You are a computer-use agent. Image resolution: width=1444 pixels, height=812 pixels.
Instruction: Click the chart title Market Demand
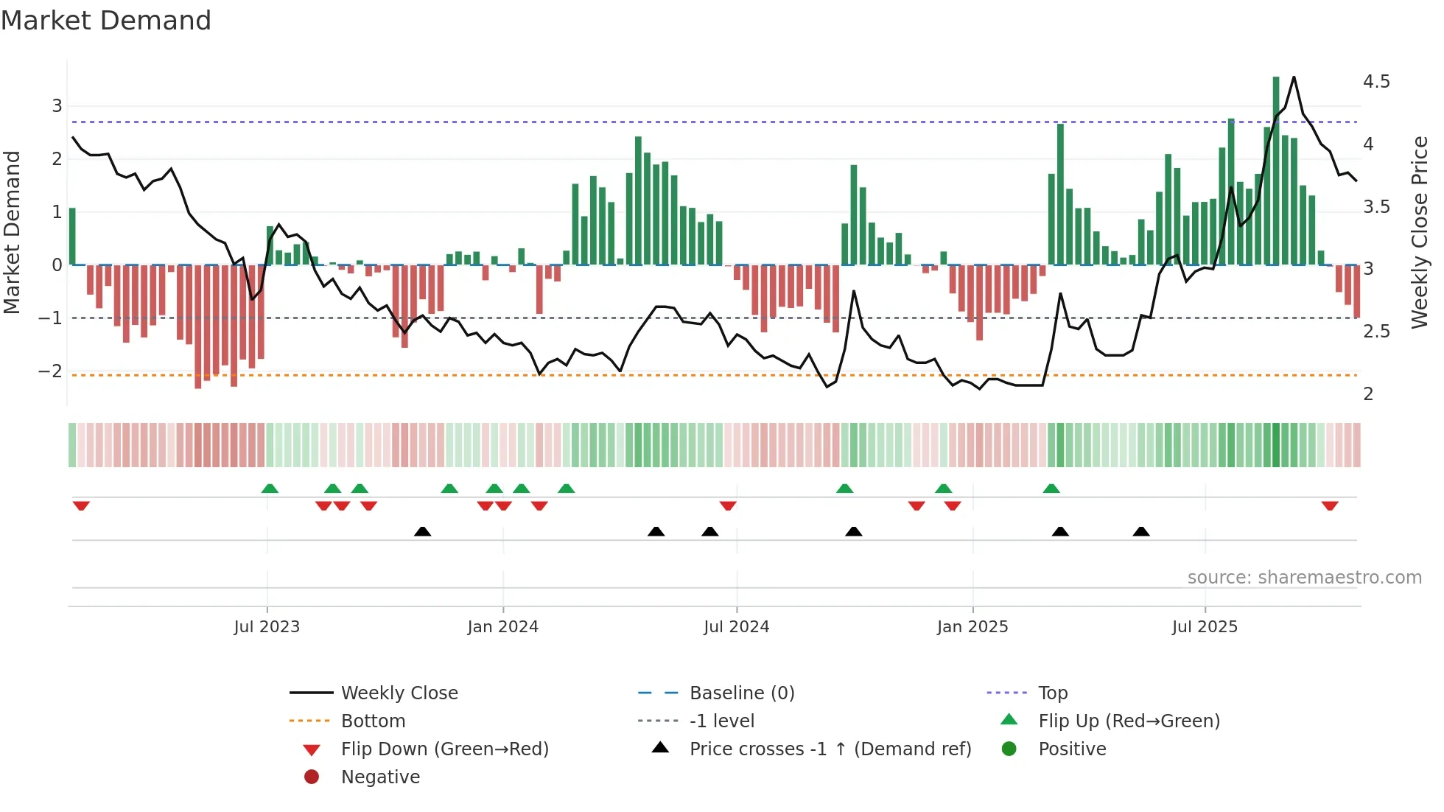pyautogui.click(x=106, y=21)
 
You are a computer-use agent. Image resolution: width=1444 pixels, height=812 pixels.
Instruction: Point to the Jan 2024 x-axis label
pyautogui.click(x=502, y=627)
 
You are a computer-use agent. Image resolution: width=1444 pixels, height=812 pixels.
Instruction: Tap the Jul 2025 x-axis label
pyautogui.click(x=1205, y=627)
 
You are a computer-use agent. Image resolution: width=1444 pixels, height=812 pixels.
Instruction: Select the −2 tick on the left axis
pyautogui.click(x=51, y=371)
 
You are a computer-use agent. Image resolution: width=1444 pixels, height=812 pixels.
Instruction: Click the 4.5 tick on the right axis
pyautogui.click(x=1375, y=82)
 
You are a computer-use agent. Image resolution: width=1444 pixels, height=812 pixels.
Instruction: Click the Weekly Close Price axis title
pyautogui.click(x=1419, y=232)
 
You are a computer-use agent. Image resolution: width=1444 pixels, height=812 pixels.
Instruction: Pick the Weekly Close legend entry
pyautogui.click(x=399, y=693)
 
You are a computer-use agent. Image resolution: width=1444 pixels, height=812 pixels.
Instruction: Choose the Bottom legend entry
pyautogui.click(x=373, y=721)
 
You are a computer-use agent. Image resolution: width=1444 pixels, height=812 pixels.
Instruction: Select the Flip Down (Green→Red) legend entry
pyautogui.click(x=444, y=749)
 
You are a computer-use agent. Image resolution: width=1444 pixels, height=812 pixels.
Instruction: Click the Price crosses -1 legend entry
pyautogui.click(x=830, y=749)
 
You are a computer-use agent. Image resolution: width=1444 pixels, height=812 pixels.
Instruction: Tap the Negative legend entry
pyautogui.click(x=380, y=777)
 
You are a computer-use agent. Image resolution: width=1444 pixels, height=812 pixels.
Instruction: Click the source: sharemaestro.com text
pyautogui.click(x=1304, y=578)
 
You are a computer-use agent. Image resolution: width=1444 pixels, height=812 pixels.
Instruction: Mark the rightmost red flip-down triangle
pyautogui.click(x=1330, y=505)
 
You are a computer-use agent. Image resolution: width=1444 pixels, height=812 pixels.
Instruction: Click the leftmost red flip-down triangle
pyautogui.click(x=81, y=505)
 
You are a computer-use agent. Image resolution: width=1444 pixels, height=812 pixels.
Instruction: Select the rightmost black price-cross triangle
pyautogui.click(x=1141, y=531)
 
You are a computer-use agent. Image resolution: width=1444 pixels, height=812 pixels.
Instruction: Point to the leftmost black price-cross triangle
pyautogui.click(x=422, y=531)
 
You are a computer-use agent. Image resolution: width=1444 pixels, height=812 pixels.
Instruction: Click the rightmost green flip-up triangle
pyautogui.click(x=1051, y=489)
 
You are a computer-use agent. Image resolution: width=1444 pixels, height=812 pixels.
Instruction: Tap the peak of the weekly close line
pyautogui.click(x=1294, y=77)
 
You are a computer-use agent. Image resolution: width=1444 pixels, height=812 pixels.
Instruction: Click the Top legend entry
pyautogui.click(x=1052, y=693)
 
